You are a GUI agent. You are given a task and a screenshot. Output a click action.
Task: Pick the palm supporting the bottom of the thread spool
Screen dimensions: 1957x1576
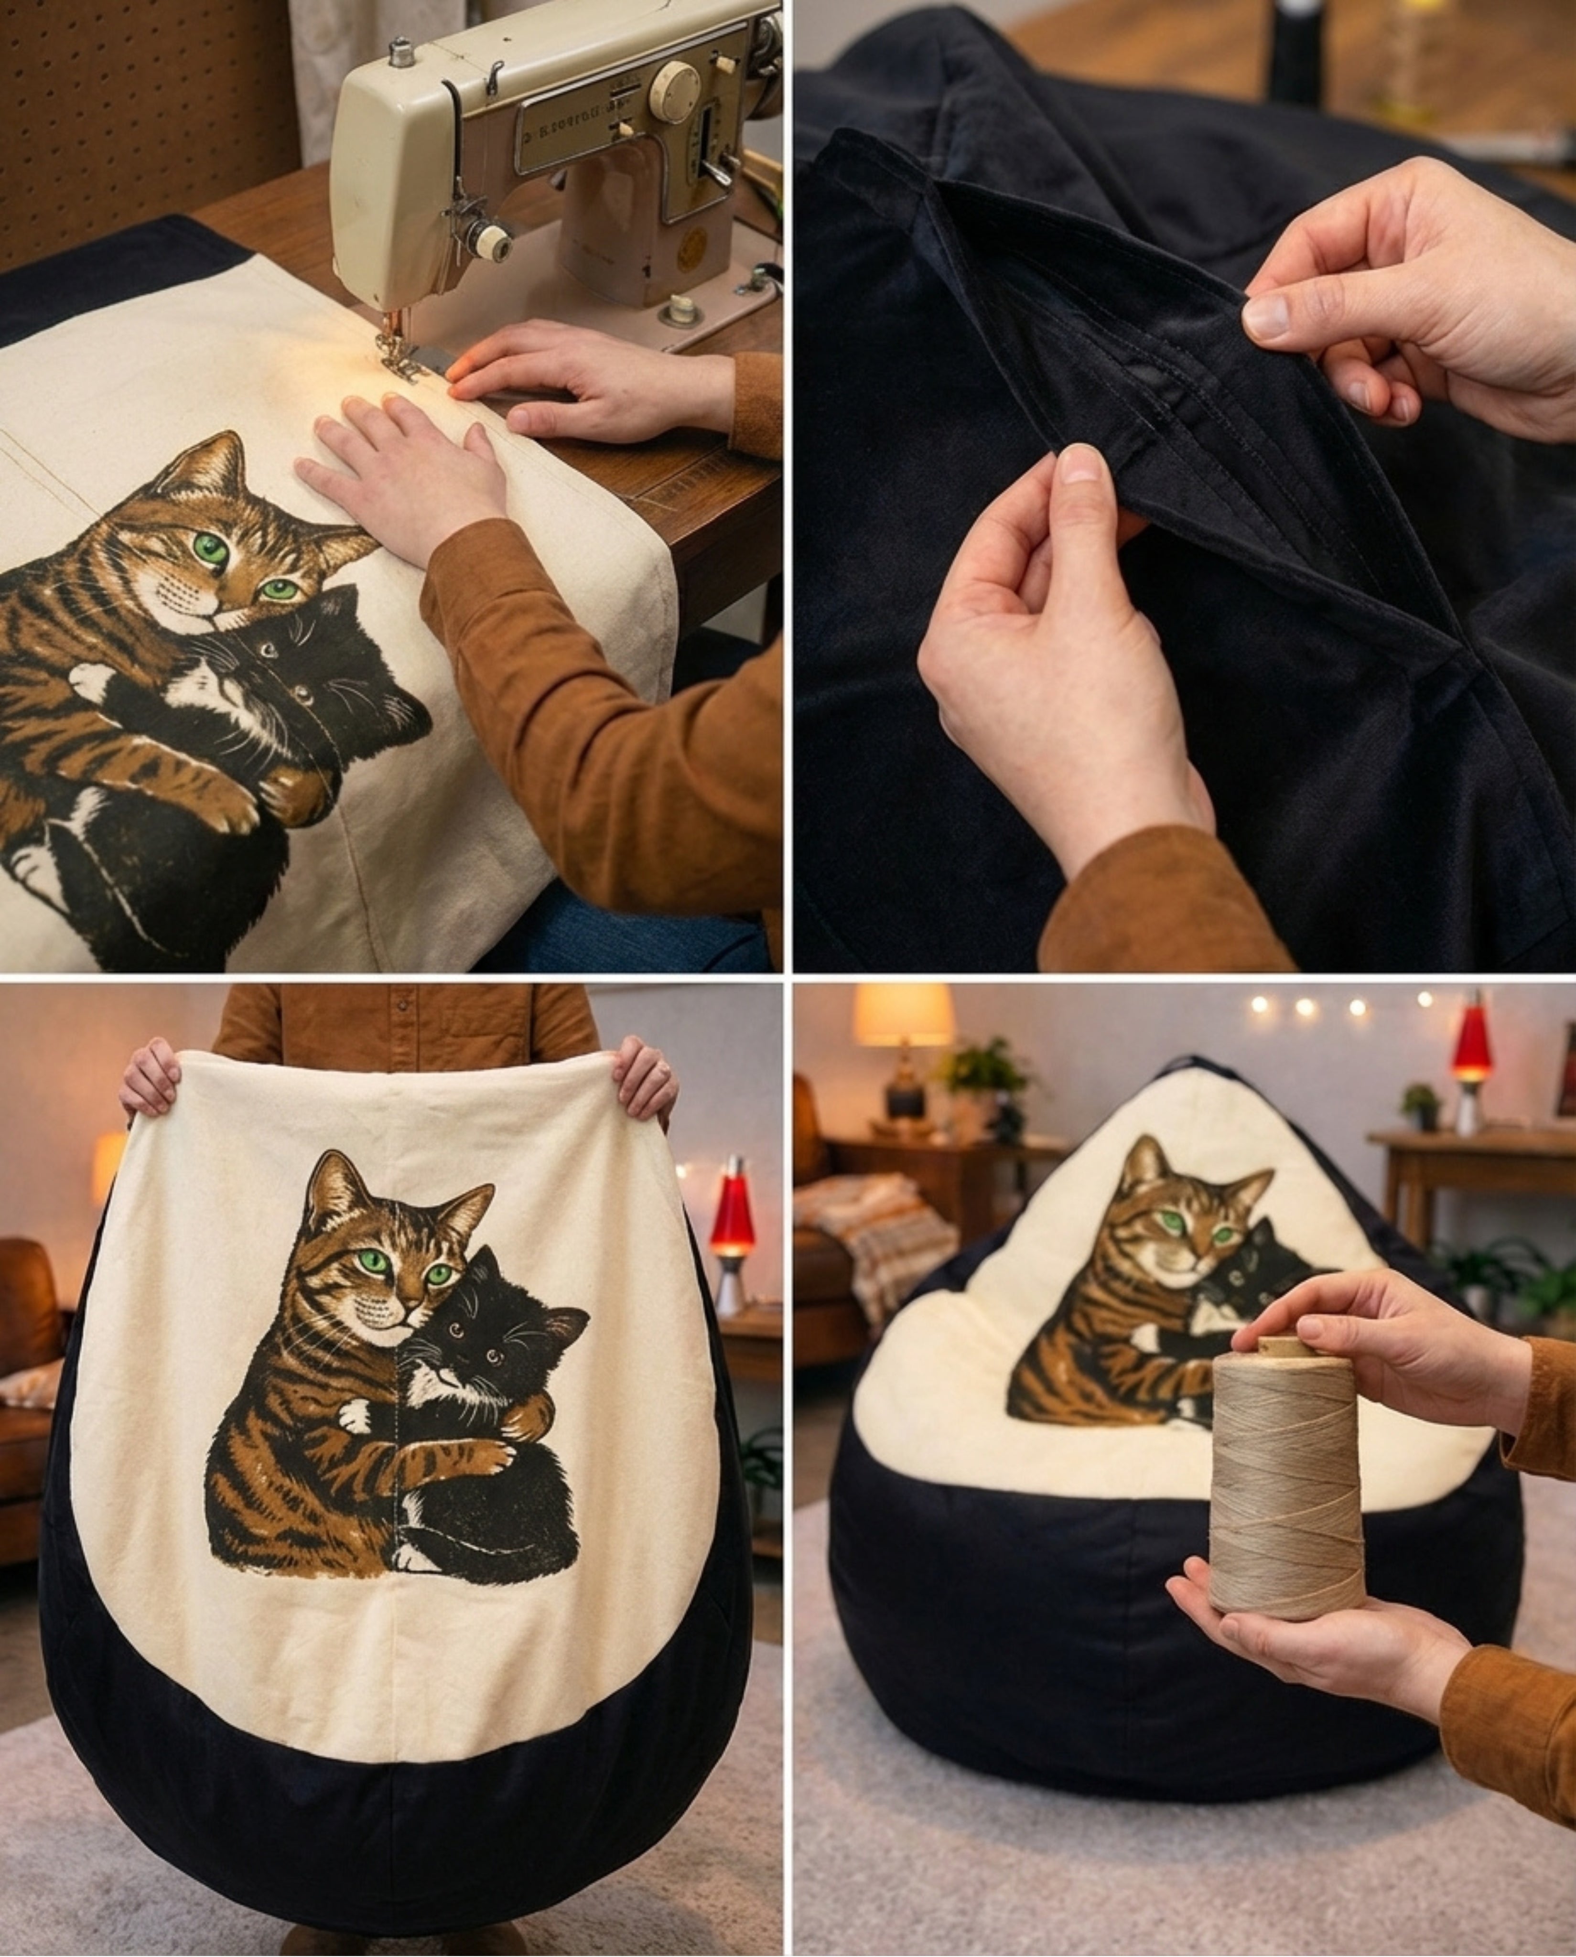coord(1307,1634)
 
